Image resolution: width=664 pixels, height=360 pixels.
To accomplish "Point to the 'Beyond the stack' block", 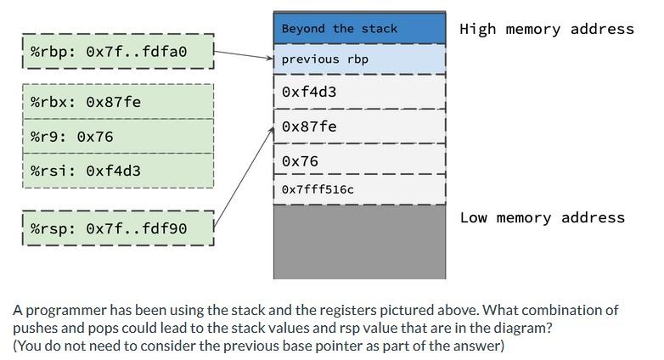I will (x=359, y=28).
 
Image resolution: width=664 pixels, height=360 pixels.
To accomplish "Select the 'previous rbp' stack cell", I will (x=359, y=59).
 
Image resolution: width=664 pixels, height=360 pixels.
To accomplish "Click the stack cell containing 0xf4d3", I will (x=359, y=92).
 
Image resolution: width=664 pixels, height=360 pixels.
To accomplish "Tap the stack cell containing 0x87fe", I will (x=359, y=127).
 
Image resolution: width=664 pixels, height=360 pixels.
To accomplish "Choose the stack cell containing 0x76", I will (x=359, y=160).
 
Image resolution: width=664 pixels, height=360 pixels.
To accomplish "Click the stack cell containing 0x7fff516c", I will (x=359, y=189).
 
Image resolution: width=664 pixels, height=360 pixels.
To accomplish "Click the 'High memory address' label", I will (x=546, y=29).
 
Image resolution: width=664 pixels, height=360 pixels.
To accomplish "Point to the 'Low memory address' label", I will (x=542, y=217).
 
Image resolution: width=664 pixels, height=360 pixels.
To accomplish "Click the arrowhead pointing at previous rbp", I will (x=270, y=59).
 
